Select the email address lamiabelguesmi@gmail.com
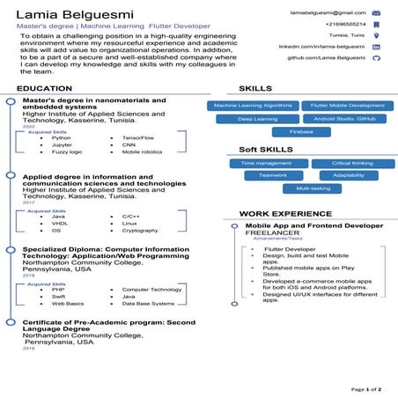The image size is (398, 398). [x=328, y=13]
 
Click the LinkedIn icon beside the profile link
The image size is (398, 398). [x=377, y=46]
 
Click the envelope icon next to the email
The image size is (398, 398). [x=377, y=13]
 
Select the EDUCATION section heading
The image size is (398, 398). [x=45, y=89]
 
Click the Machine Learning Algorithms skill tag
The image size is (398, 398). [x=254, y=106]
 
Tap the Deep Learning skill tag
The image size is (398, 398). [x=258, y=118]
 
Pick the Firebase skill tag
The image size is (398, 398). [x=301, y=131]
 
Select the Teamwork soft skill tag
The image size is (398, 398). [x=273, y=175]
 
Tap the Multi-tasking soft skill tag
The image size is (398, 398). [x=313, y=188]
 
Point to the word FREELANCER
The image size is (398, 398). [x=272, y=233]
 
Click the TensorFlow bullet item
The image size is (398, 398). [x=139, y=138]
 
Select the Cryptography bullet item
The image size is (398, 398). [x=140, y=230]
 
